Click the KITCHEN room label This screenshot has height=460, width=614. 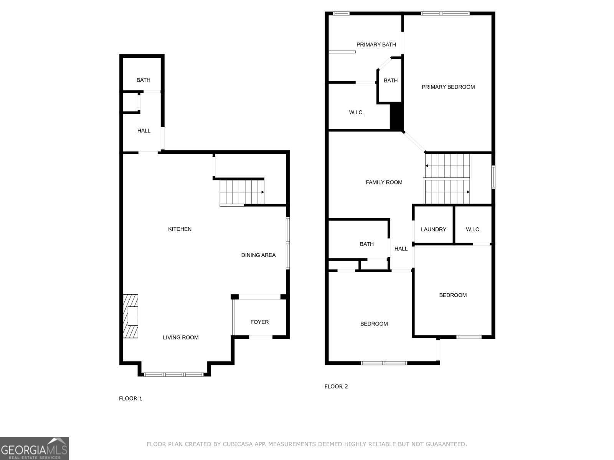click(180, 229)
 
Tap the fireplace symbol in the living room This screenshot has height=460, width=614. click(130, 316)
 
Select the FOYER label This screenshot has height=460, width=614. click(259, 322)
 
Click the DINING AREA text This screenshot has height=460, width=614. click(258, 255)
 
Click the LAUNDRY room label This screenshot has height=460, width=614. click(433, 230)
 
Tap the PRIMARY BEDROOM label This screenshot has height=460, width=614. click(448, 87)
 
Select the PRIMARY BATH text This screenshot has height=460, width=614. click(376, 45)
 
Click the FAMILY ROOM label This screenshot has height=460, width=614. click(384, 182)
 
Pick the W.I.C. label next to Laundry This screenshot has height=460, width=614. click(473, 230)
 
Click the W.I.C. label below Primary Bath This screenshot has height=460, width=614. click(356, 113)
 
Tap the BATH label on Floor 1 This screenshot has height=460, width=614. click(143, 80)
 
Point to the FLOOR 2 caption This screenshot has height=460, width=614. click(336, 386)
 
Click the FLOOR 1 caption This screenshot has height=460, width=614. click(130, 399)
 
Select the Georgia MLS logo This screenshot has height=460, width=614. click(34, 448)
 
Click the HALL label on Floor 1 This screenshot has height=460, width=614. click(144, 131)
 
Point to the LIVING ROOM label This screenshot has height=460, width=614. click(180, 338)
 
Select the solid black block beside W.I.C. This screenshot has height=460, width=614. click(396, 117)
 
